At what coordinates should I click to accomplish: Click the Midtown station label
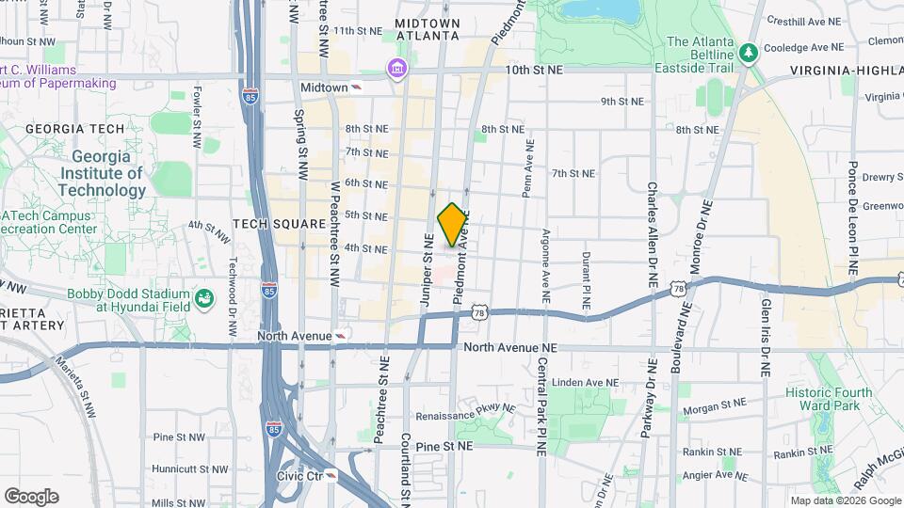[x=324, y=87]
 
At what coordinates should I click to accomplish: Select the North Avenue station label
[x=297, y=336]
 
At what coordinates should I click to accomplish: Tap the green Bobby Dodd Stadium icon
[x=203, y=299]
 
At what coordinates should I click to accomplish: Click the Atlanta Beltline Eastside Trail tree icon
[x=750, y=52]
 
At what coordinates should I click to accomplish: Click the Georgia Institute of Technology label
[x=101, y=174]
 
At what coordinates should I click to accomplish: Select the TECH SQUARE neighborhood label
[x=279, y=224]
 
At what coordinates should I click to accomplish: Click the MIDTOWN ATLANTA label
[x=428, y=29]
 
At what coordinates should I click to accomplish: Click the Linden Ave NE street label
[x=584, y=383]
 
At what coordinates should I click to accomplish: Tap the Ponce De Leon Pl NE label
[x=852, y=217]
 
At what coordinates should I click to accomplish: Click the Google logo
[x=31, y=496]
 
